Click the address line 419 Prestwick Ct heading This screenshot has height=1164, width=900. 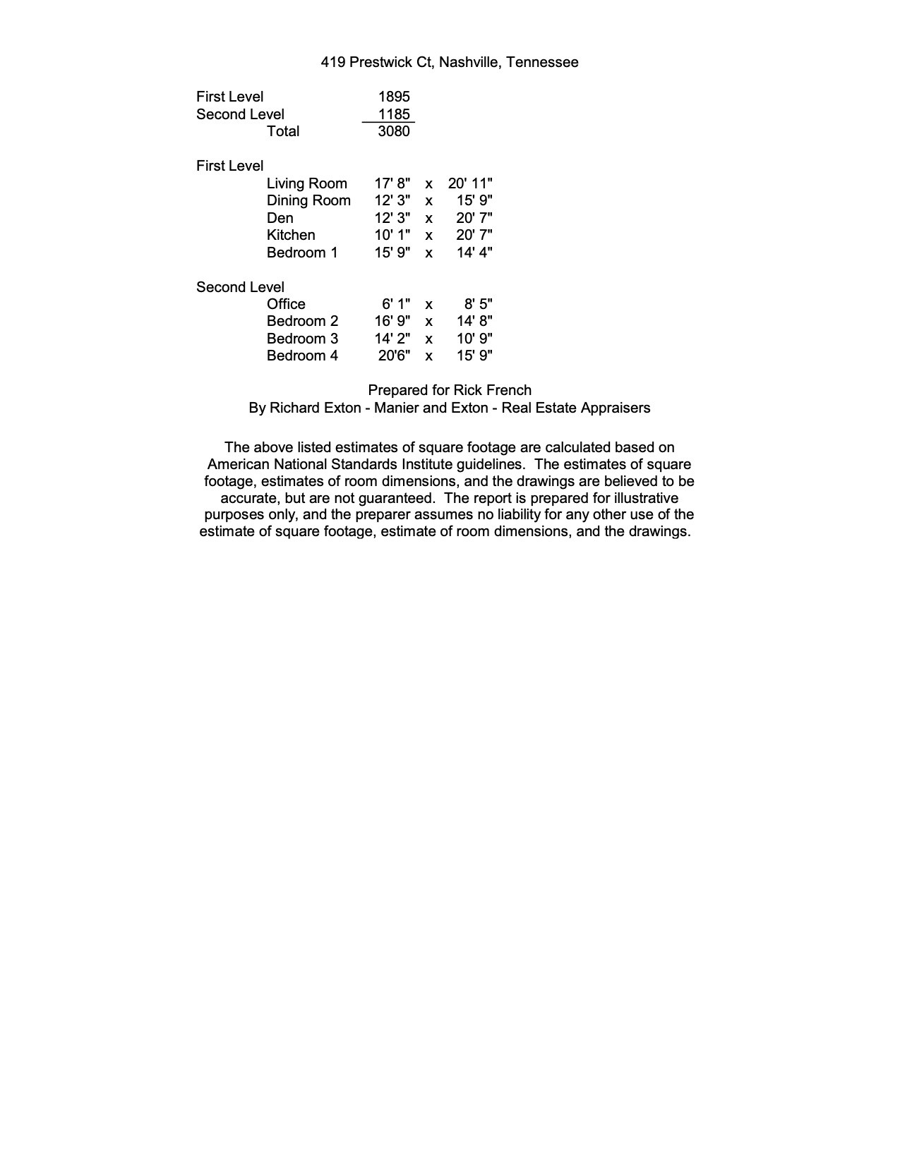tap(449, 62)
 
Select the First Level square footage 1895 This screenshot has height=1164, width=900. tap(394, 97)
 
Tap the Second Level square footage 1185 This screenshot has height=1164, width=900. tap(394, 114)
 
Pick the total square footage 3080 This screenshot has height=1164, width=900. tap(394, 131)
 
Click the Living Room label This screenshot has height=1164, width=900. tap(306, 183)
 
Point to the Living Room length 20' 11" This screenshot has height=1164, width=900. tap(470, 183)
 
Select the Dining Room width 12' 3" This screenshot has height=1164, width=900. tap(392, 200)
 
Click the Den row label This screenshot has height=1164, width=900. tap(280, 218)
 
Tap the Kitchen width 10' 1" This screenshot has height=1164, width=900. tap(392, 235)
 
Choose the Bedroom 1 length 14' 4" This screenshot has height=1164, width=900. tap(474, 253)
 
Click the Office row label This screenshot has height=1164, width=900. tap(286, 304)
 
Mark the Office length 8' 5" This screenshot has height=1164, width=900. tap(478, 304)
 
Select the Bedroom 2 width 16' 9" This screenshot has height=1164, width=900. tap(392, 321)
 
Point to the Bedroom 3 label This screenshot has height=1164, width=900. tap(302, 339)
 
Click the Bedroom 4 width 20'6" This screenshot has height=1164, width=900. tap(394, 356)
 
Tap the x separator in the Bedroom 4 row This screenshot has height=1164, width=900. tap(428, 356)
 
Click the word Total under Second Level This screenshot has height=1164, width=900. tap(283, 131)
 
